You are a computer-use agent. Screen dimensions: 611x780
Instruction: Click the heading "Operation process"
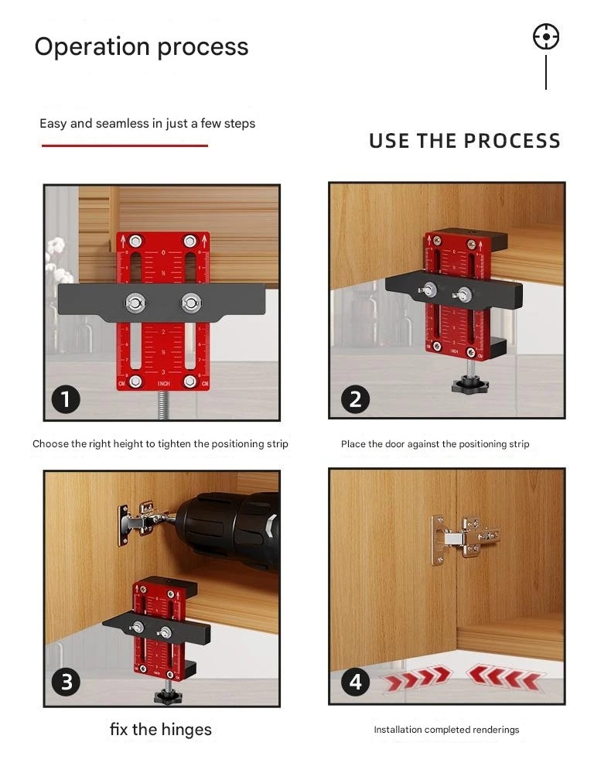click(142, 47)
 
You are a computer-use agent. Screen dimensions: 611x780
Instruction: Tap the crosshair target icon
click(546, 37)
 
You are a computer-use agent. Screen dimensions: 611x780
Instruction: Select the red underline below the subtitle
click(125, 145)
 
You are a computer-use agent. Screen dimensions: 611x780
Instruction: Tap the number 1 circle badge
click(66, 399)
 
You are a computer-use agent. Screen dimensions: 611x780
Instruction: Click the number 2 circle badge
click(355, 399)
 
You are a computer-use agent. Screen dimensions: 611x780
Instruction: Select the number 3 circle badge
click(66, 682)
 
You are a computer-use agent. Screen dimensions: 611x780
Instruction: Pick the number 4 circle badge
click(355, 682)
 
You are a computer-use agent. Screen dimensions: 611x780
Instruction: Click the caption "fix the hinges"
click(161, 729)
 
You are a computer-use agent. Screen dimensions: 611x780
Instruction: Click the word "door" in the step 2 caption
click(395, 443)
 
